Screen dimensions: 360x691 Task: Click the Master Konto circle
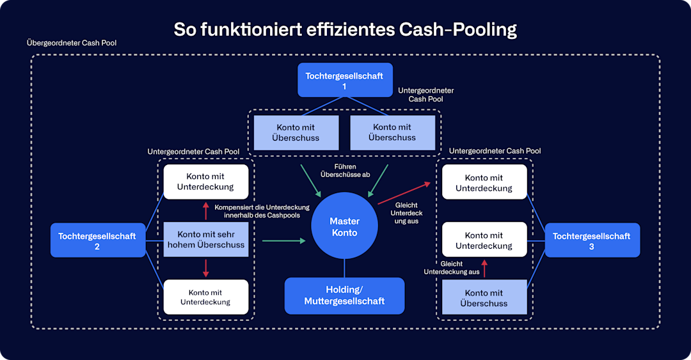pyautogui.click(x=344, y=226)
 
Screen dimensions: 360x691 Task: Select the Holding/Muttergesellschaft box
pyautogui.click(x=344, y=295)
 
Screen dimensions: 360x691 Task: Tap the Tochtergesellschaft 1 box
pyautogui.click(x=344, y=81)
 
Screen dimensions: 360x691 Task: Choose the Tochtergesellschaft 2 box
pyautogui.click(x=97, y=240)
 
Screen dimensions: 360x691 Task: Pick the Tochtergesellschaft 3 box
pyautogui.click(x=591, y=240)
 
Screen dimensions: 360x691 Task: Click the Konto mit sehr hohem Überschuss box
pyautogui.click(x=206, y=239)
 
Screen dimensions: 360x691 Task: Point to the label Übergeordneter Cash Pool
pyautogui.click(x=72, y=43)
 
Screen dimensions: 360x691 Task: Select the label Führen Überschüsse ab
pyautogui.click(x=345, y=171)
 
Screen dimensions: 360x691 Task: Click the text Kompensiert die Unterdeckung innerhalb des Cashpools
pyautogui.click(x=262, y=211)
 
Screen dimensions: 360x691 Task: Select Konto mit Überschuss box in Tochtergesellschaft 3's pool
pyautogui.click(x=484, y=297)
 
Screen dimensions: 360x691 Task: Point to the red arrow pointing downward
pyautogui.click(x=206, y=267)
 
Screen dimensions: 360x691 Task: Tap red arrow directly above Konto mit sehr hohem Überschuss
pyautogui.click(x=206, y=210)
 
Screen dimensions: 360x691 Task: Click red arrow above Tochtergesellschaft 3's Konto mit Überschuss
pyautogui.click(x=484, y=268)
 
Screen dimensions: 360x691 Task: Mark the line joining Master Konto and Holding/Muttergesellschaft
pyautogui.click(x=344, y=268)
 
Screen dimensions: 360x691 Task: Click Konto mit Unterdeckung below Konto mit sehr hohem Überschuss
pyautogui.click(x=206, y=297)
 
